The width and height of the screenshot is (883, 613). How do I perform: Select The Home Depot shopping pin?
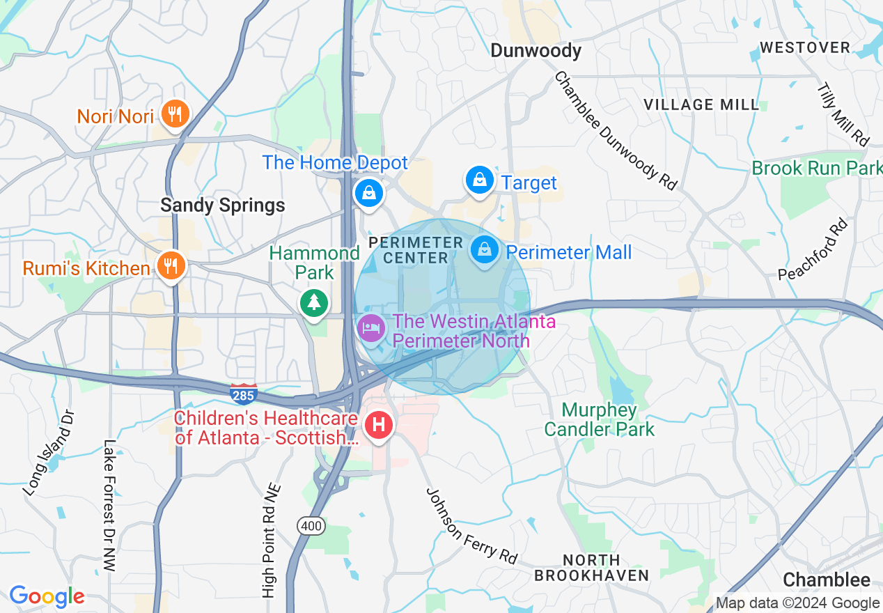coord(368,192)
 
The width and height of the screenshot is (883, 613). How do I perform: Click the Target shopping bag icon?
coord(480,180)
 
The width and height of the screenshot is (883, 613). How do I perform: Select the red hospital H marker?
coord(380,424)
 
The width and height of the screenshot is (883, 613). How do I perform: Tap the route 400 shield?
coord(311,526)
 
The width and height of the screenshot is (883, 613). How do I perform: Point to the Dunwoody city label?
coord(536,51)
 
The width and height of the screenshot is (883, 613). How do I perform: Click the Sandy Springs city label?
coord(222,205)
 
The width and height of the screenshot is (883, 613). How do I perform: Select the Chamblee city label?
coord(826,580)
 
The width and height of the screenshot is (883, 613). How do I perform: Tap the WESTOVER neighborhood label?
coord(804,47)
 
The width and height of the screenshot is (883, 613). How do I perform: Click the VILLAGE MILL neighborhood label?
coord(701,104)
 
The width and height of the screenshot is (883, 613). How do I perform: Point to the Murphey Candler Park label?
coord(599,419)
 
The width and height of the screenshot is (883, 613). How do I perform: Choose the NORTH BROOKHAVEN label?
coord(591,568)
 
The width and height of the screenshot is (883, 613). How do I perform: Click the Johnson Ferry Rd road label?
coord(472,525)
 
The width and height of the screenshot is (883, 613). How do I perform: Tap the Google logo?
coord(47,596)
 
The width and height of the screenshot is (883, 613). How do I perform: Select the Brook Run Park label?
coord(816,168)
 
